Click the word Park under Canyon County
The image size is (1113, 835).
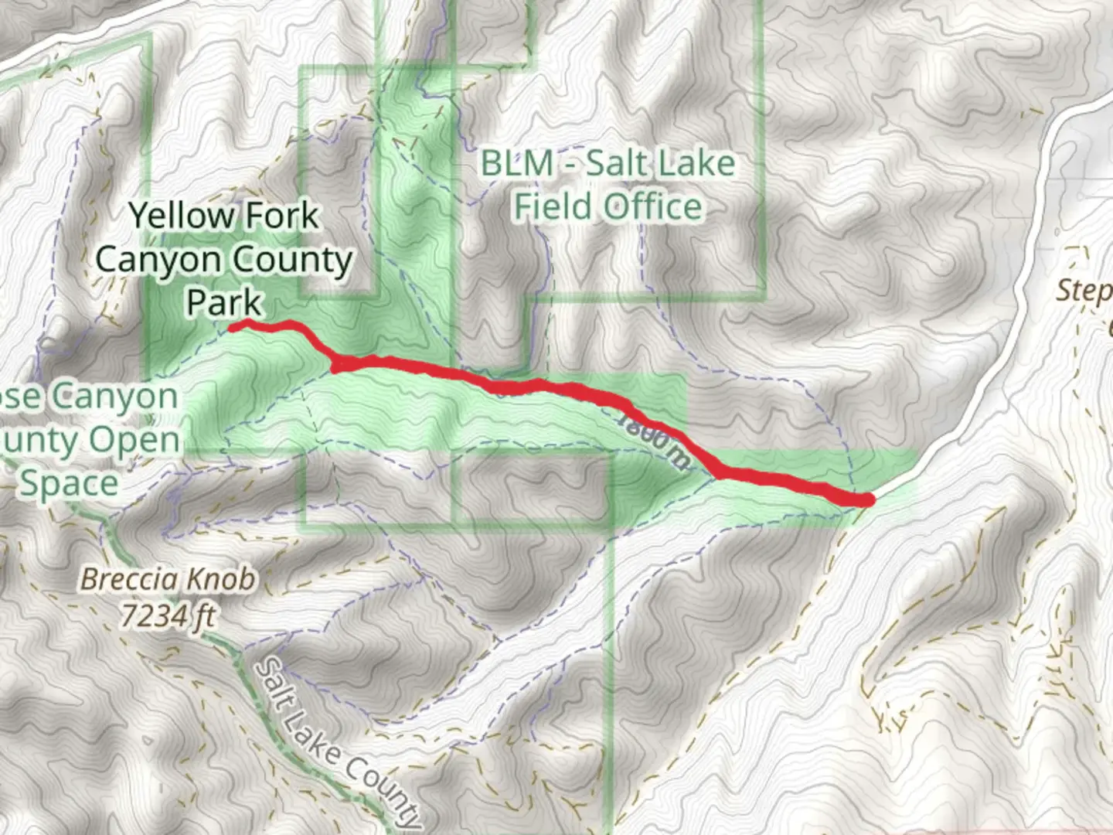[224, 302]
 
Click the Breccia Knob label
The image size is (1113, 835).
[168, 579]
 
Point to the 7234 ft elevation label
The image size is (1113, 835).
[168, 616]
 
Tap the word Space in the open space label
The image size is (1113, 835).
[69, 485]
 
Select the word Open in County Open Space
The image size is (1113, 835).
[134, 441]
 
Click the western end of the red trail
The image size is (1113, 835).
[232, 328]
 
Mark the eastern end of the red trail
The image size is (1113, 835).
[869, 500]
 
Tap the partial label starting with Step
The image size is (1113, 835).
[1084, 291]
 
